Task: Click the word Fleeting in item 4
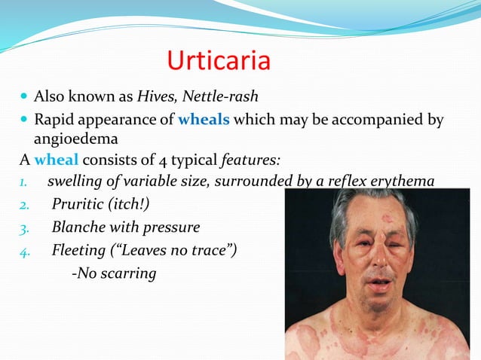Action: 81,249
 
